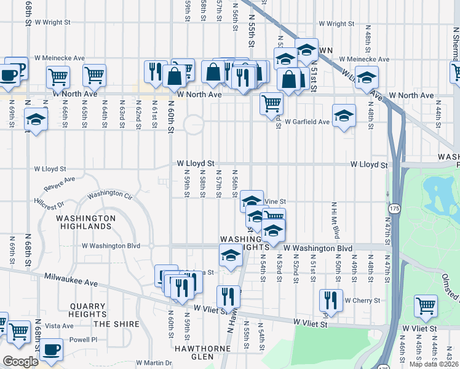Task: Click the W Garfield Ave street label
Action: pyautogui.click(x=307, y=122)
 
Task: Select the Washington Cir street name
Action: pyautogui.click(x=109, y=196)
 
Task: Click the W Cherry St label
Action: pyautogui.click(x=362, y=301)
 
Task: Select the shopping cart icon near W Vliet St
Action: pyautogui.click(x=426, y=306)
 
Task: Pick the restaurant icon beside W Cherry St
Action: pyautogui.click(x=331, y=300)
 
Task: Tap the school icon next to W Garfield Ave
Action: pyautogui.click(x=344, y=115)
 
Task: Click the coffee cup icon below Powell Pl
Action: pyautogui.click(x=51, y=349)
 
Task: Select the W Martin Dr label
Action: pyautogui.click(x=153, y=363)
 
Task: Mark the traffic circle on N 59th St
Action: pyautogui.click(x=193, y=124)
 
